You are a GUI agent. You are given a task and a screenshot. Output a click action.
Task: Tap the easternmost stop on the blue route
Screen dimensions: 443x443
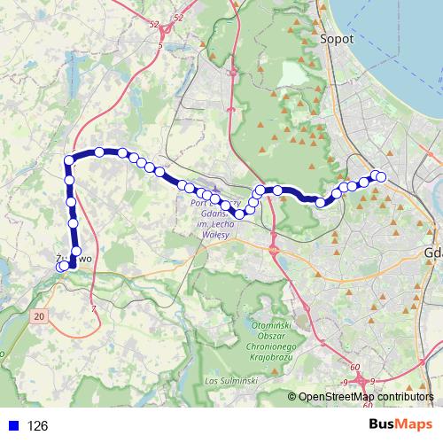coord(382,177)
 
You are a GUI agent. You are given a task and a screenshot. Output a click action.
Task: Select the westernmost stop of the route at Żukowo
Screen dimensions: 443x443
coord(60,266)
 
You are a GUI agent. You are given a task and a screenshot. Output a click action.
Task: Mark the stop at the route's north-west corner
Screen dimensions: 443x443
coord(68,160)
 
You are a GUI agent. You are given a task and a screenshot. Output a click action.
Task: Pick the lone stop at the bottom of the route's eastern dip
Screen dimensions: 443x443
coord(321,203)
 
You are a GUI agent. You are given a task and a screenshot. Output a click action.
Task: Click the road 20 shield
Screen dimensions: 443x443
coord(39,315)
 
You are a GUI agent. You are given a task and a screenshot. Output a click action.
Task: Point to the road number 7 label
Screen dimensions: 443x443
coord(93,308)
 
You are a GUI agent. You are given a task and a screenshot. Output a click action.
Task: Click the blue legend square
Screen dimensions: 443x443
coord(11,425)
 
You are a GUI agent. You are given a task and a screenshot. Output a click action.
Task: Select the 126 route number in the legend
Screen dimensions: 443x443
coord(37,425)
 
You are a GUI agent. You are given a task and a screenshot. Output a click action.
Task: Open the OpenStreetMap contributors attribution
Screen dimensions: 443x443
coord(366,396)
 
